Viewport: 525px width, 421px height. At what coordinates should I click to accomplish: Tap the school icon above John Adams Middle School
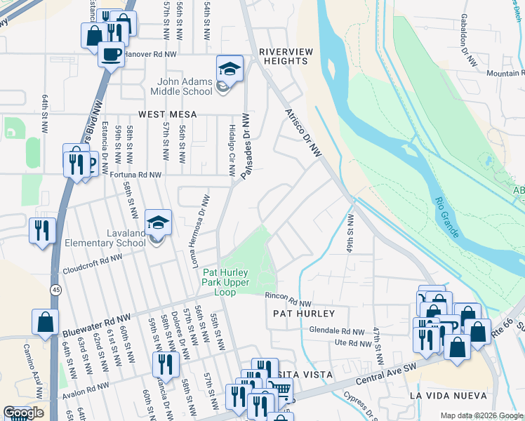[229, 69]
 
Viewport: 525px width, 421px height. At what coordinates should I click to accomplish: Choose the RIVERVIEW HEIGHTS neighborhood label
[283, 56]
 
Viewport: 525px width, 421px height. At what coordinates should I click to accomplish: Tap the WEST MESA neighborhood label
[167, 114]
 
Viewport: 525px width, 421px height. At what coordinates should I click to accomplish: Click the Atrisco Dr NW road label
[303, 132]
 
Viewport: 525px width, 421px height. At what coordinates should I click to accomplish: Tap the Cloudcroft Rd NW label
[92, 262]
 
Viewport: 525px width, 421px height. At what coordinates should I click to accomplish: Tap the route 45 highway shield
[55, 289]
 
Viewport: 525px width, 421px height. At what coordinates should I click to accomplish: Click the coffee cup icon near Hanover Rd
[110, 54]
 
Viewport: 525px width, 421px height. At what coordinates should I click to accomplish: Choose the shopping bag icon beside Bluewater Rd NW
[45, 322]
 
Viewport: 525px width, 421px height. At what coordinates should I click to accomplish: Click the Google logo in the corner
[23, 413]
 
